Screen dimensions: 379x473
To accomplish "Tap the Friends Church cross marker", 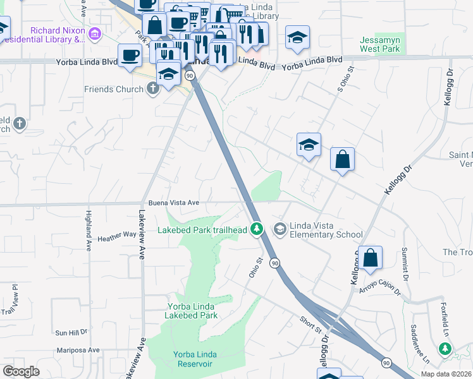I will click(152, 89).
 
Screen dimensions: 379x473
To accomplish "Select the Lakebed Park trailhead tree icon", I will click(256, 228).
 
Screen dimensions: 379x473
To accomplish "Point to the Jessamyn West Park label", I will click(380, 44).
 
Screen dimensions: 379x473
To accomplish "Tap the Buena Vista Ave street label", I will click(174, 203).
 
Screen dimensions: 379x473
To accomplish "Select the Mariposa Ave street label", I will click(77, 350).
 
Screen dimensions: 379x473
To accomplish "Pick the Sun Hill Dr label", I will click(71, 332).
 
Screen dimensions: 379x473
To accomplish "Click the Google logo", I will click(21, 371).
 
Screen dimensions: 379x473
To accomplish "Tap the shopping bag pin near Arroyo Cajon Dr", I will click(371, 258).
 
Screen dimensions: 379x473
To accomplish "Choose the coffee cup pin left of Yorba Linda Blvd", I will click(130, 55).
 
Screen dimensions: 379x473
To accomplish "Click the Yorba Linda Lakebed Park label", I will click(192, 311).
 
